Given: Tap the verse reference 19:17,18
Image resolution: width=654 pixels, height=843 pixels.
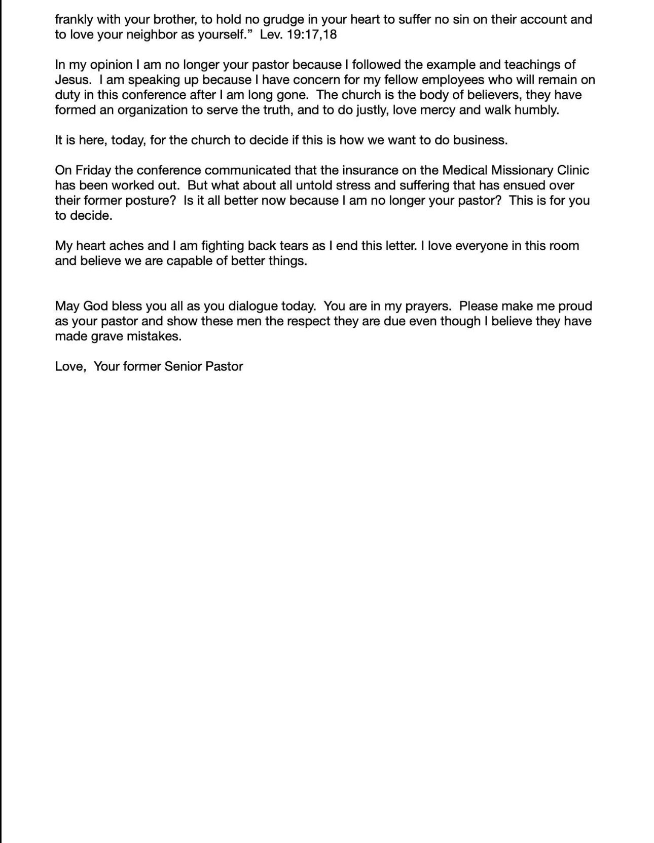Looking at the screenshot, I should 312,35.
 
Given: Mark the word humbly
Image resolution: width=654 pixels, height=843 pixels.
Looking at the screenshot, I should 537,110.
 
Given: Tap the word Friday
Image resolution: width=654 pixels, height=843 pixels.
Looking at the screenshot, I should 93,171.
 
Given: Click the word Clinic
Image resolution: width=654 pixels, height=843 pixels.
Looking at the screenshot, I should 572,171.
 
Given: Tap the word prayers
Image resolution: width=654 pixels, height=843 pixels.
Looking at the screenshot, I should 428,306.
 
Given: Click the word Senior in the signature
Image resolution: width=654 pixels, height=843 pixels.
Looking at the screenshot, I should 183,367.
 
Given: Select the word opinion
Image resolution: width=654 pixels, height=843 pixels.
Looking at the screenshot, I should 111,65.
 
